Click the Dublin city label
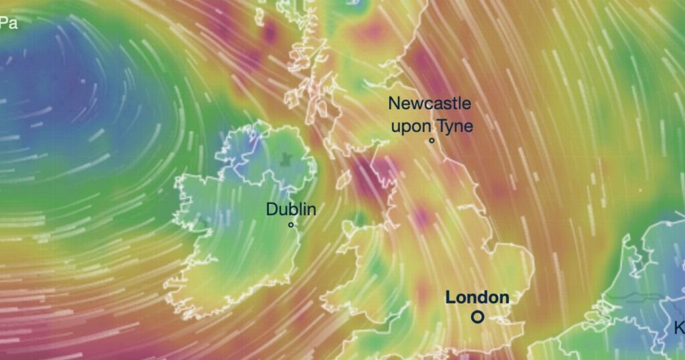(291, 209)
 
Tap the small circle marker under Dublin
(291, 225)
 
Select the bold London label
(477, 298)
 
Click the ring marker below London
(477, 317)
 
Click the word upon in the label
(411, 126)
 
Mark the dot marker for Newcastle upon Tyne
(432, 141)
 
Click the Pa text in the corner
(8, 24)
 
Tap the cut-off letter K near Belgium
(679, 329)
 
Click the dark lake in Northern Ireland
(288, 159)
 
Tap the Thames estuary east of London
(515, 308)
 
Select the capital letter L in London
(451, 298)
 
